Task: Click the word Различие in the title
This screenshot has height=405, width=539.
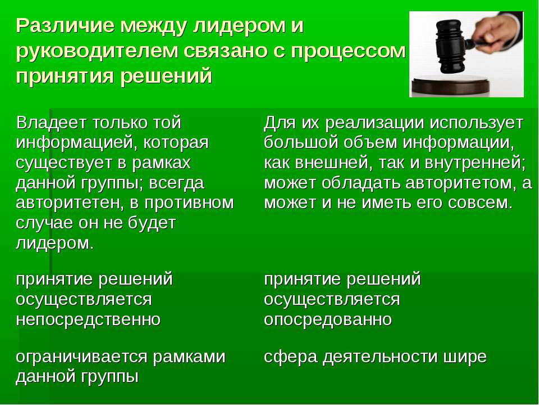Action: coord(64,25)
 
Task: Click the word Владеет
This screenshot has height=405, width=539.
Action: coord(52,123)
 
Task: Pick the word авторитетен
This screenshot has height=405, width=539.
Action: coord(71,203)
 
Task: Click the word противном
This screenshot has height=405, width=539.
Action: coord(189,203)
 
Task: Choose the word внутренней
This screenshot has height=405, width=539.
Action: coord(475,163)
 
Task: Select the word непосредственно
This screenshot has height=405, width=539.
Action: coord(88,319)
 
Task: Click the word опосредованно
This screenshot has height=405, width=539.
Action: coord(328,319)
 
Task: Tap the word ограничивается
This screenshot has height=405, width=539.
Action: coord(81,357)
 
